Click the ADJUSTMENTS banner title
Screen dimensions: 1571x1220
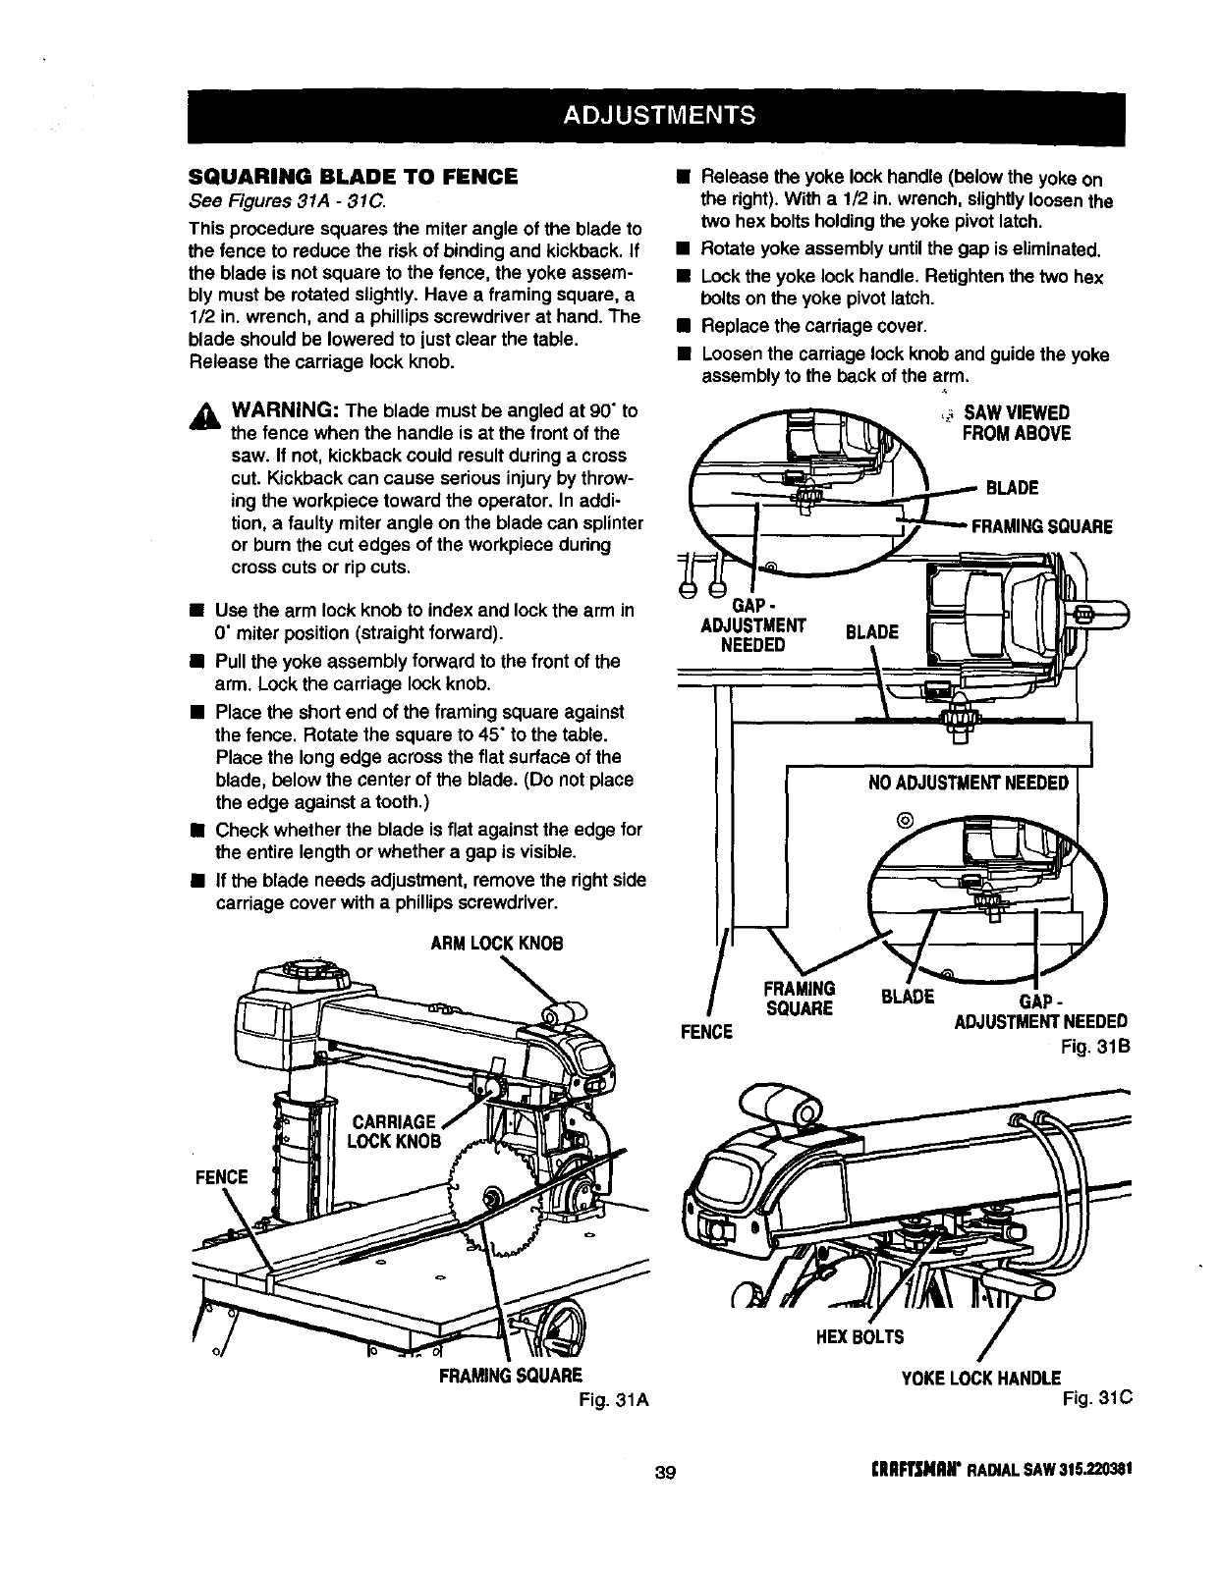click(659, 115)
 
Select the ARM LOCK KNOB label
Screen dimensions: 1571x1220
click(497, 944)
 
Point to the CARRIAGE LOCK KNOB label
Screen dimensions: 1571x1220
click(393, 1131)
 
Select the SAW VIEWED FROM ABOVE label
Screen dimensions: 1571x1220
click(1015, 423)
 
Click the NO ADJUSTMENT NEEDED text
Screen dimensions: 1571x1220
click(968, 783)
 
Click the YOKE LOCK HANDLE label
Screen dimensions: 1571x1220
click(980, 1378)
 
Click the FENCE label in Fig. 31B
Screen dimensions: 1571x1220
click(706, 1031)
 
